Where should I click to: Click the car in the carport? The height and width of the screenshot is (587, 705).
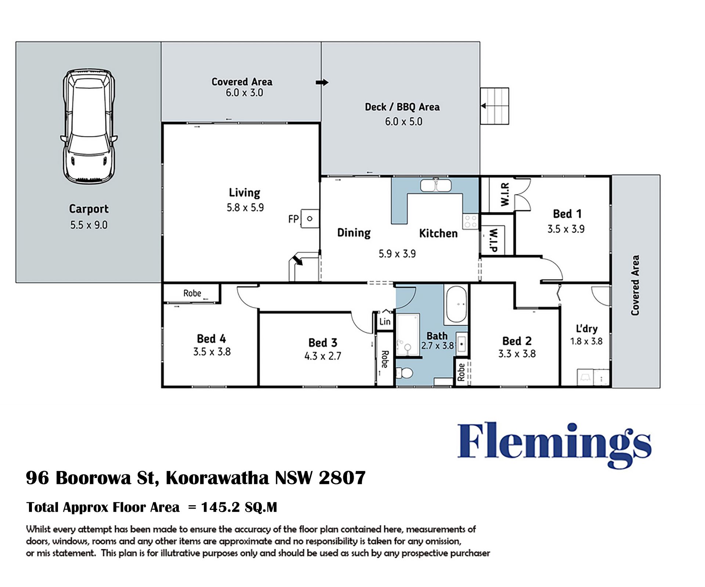[x=89, y=127]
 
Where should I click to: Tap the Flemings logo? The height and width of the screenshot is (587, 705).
[x=554, y=445]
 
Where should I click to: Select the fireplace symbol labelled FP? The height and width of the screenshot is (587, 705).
[x=310, y=219]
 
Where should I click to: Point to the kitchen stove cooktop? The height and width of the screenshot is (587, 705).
[x=470, y=222]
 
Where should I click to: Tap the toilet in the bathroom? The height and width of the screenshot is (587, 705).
[x=405, y=373]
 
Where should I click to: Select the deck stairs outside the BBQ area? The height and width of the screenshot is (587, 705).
[x=495, y=106]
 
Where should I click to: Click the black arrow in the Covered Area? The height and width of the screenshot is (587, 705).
[x=322, y=83]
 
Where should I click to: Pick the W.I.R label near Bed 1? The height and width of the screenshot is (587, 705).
[x=505, y=194]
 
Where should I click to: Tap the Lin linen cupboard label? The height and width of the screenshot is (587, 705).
[x=385, y=322]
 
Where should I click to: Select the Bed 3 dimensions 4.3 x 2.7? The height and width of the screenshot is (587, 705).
[x=323, y=356]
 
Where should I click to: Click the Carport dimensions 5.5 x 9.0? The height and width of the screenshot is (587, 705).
[x=89, y=225]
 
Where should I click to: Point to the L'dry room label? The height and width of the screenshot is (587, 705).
[x=586, y=329]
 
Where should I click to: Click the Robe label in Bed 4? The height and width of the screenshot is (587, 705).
[x=192, y=293]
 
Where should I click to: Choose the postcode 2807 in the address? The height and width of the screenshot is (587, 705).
[x=342, y=478]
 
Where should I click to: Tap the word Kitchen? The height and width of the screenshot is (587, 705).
[x=438, y=233]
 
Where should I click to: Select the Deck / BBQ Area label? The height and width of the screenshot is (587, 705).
[x=402, y=107]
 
